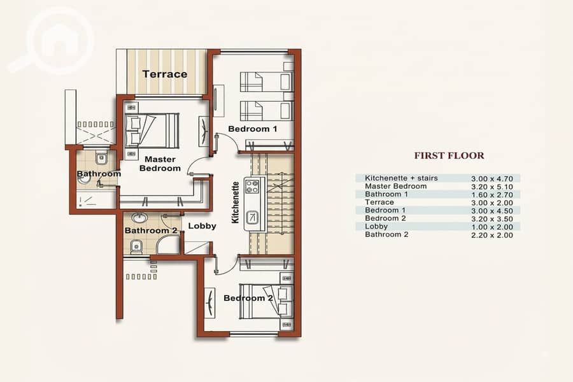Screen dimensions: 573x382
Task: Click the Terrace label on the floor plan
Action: [165, 74]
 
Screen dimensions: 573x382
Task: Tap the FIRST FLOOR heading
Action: [449, 155]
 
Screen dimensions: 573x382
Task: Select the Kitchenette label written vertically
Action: [236, 202]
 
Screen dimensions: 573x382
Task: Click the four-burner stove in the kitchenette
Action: [251, 186]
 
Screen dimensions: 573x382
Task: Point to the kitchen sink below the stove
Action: [251, 218]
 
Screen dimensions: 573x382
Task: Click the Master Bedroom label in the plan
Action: [160, 164]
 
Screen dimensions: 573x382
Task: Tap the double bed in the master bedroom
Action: [152, 131]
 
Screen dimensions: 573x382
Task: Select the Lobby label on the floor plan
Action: [202, 226]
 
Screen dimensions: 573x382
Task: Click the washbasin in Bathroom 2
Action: [139, 218]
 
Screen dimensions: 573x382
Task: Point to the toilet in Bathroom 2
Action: [136, 247]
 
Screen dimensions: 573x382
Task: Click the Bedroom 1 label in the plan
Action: [253, 129]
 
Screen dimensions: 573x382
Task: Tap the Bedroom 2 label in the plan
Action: [248, 298]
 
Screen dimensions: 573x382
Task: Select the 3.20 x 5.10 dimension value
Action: [492, 187]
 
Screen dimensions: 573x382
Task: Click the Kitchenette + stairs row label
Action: [401, 178]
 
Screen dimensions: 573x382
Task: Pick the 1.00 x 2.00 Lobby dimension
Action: [492, 227]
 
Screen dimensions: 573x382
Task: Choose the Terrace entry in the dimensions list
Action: [379, 202]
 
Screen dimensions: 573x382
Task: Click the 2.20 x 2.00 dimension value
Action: [492, 235]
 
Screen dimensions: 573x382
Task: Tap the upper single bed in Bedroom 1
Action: [266, 81]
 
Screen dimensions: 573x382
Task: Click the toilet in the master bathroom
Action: [101, 158]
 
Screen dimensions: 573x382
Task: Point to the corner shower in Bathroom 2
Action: [168, 244]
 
